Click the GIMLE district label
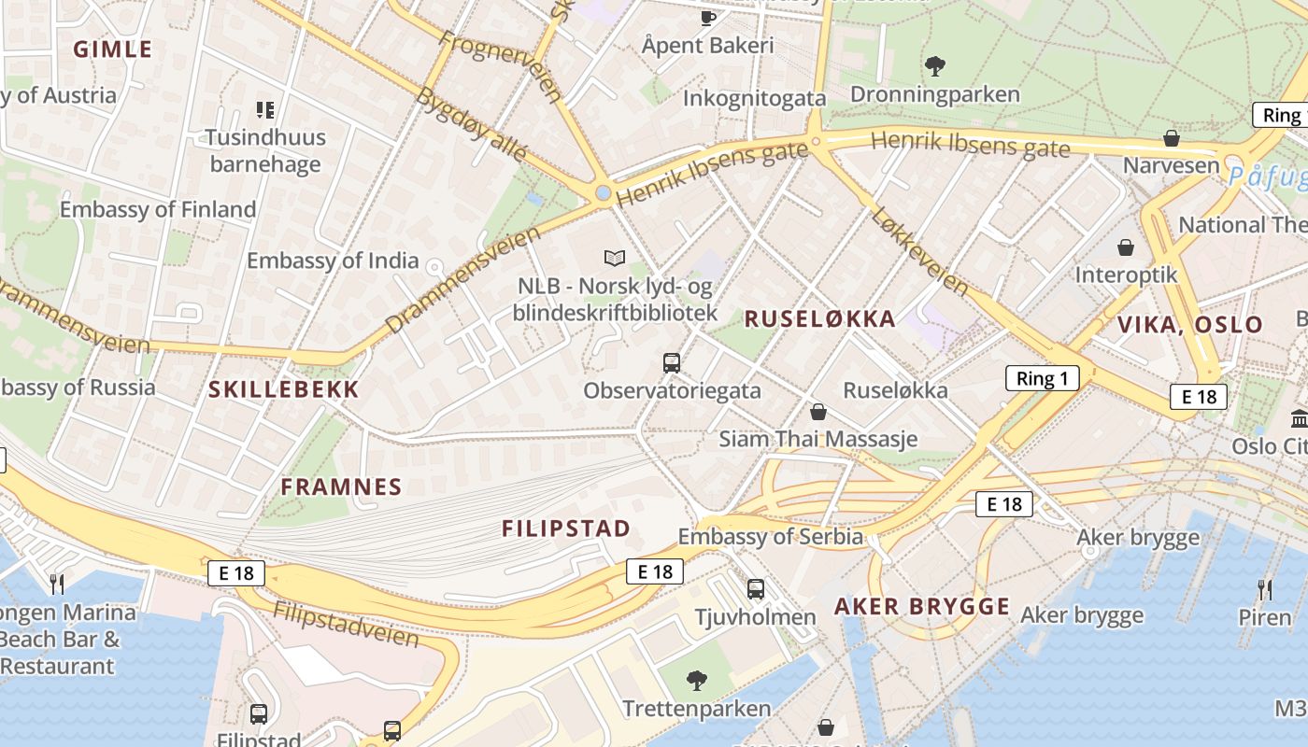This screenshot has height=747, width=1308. point(112,49)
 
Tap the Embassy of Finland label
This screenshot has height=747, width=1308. point(158,209)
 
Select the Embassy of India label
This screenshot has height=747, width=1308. point(333,261)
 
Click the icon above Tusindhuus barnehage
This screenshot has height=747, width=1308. point(265,110)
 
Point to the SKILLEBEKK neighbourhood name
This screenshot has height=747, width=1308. point(283,390)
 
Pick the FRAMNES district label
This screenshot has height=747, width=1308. point(341,486)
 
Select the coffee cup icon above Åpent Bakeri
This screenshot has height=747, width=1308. point(708,17)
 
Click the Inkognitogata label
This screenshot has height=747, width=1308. point(754,98)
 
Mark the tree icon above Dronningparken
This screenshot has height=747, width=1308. point(934,66)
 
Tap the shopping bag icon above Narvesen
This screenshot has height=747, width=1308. point(1171,138)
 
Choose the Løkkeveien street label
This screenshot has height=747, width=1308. point(919,250)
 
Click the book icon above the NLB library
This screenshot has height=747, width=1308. point(614,258)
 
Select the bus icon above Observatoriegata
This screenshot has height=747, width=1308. point(671,362)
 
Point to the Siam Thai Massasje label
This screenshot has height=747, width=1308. point(817,439)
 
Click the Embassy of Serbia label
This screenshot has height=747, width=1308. point(770,536)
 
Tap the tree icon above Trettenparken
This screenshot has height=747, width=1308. point(696,680)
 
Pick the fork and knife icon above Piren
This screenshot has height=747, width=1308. point(1264,589)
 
